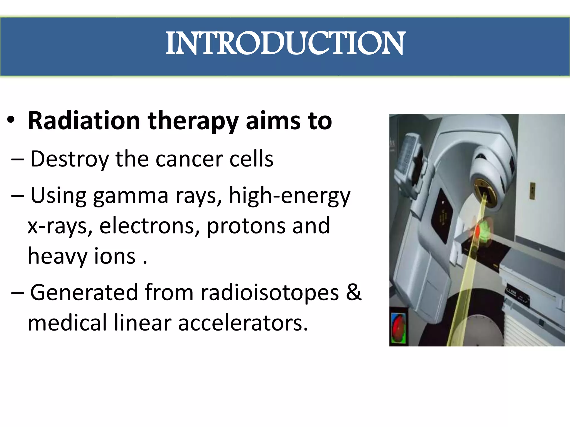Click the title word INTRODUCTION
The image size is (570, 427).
tap(285, 44)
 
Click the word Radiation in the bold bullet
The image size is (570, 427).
tap(84, 121)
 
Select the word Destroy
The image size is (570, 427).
tap(70, 159)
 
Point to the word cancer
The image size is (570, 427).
tap(189, 159)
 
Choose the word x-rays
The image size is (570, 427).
tap(60, 226)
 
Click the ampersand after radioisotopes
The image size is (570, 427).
tap(354, 292)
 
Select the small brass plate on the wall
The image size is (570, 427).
tap(532, 191)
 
